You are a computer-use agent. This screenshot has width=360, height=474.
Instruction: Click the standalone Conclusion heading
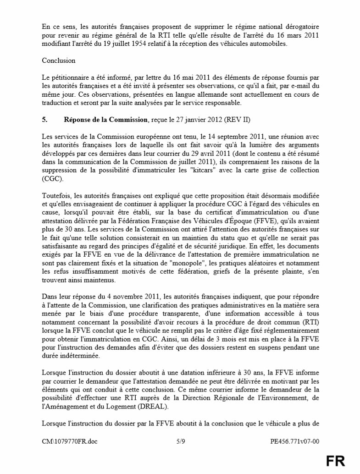[59, 61]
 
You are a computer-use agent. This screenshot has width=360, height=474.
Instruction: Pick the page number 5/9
[181, 442]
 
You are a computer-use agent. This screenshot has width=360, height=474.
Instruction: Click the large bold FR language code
[335, 461]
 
